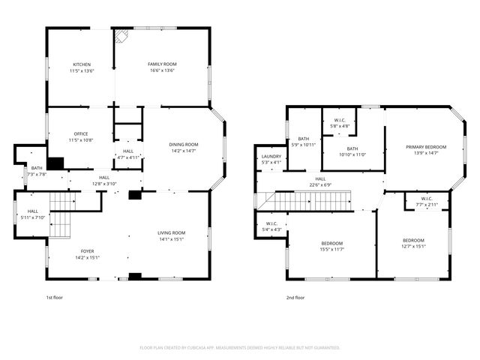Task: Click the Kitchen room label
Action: pyautogui.click(x=81, y=64)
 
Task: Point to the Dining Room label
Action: pyautogui.click(x=183, y=144)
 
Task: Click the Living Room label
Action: pyautogui.click(x=171, y=233)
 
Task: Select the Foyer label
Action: pyautogui.click(x=88, y=251)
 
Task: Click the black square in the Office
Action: pyautogui.click(x=55, y=163)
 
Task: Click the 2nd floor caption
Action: pyautogui.click(x=295, y=298)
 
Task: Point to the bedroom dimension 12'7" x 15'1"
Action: pyautogui.click(x=413, y=246)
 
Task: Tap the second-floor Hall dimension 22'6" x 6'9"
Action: pyautogui.click(x=320, y=184)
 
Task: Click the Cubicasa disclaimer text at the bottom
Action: pyautogui.click(x=240, y=347)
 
